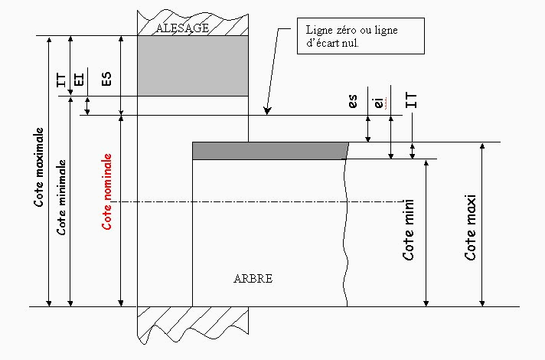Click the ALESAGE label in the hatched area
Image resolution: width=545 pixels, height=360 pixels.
(182, 28)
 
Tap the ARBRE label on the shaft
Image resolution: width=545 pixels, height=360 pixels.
(253, 279)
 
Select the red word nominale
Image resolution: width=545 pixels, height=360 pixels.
(107, 177)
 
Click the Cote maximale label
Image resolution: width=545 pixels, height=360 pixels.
(39, 167)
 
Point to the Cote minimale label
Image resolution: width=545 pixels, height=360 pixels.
(61, 197)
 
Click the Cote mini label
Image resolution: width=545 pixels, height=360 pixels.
(409, 230)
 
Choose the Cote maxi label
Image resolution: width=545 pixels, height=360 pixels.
(470, 227)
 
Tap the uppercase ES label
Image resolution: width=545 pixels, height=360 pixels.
(106, 79)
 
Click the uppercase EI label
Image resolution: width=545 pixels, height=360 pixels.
(80, 79)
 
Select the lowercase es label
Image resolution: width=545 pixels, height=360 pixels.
(353, 101)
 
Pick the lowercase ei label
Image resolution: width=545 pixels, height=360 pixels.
(379, 103)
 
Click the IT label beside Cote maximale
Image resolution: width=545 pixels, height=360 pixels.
(60, 80)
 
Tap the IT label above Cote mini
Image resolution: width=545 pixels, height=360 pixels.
(411, 100)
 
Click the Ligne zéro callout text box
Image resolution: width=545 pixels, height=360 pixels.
(361, 36)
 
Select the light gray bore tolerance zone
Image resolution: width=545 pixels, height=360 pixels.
(193, 66)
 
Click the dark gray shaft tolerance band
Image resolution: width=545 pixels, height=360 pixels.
(270, 151)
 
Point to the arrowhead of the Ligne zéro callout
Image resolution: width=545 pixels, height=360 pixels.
(266, 111)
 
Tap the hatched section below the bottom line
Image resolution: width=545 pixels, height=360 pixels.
(193, 323)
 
